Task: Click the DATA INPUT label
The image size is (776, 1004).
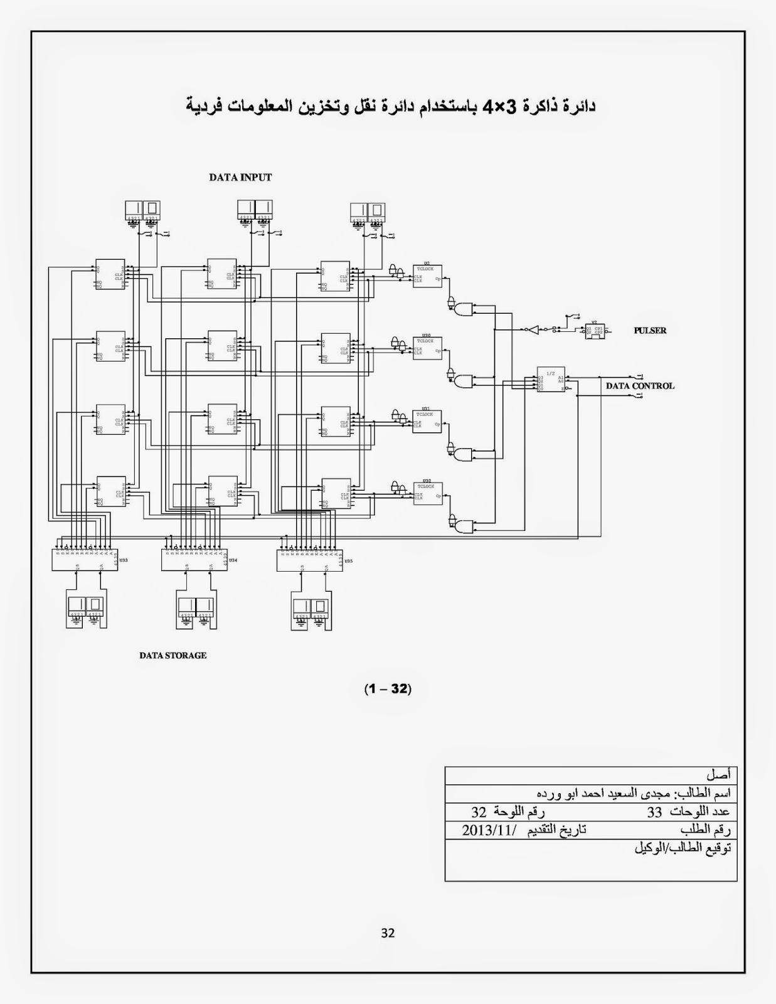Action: [240, 178]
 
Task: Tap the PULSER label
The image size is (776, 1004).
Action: [650, 331]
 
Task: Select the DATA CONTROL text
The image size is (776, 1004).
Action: [640, 386]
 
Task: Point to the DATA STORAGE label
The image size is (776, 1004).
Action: [173, 656]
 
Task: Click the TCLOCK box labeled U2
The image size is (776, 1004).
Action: [427, 275]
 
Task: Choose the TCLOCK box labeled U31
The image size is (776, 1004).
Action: [427, 421]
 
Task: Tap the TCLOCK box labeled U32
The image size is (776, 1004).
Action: [428, 493]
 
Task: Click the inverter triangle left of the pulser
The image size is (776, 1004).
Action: [532, 329]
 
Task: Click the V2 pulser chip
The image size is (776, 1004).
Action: [594, 331]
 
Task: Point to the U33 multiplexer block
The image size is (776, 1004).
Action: [85, 560]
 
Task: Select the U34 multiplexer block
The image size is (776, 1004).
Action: [194, 560]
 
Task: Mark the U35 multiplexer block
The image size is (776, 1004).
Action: [310, 560]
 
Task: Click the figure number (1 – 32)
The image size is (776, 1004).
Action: [388, 689]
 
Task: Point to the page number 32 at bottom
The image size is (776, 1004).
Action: [388, 933]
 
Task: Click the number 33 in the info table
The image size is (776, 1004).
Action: [654, 812]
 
